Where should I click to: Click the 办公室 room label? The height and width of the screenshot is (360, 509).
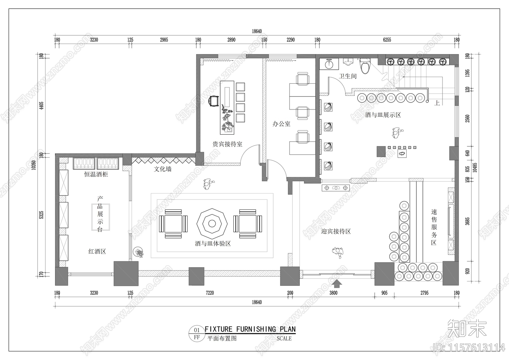(281, 124)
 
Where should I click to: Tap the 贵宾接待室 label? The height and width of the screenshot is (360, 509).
(227, 144)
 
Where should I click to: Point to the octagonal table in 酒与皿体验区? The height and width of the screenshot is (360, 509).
(212, 223)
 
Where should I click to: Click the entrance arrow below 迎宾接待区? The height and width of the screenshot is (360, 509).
(337, 283)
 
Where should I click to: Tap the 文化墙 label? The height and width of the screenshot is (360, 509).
(163, 169)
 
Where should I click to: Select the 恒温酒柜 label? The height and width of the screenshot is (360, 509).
(96, 174)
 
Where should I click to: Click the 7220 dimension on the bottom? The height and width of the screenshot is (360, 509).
(210, 293)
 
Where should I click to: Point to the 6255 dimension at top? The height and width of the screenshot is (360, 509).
(387, 40)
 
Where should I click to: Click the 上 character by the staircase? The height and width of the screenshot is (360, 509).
(437, 103)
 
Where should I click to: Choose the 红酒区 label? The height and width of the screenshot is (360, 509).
(97, 251)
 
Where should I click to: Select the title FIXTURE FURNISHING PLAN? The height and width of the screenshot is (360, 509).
(250, 329)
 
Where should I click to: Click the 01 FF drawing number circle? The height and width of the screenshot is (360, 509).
(197, 333)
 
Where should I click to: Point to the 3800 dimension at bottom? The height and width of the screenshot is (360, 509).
(333, 293)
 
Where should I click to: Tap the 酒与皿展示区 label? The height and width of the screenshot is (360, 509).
(383, 115)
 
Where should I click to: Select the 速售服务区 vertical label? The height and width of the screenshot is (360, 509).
(434, 227)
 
